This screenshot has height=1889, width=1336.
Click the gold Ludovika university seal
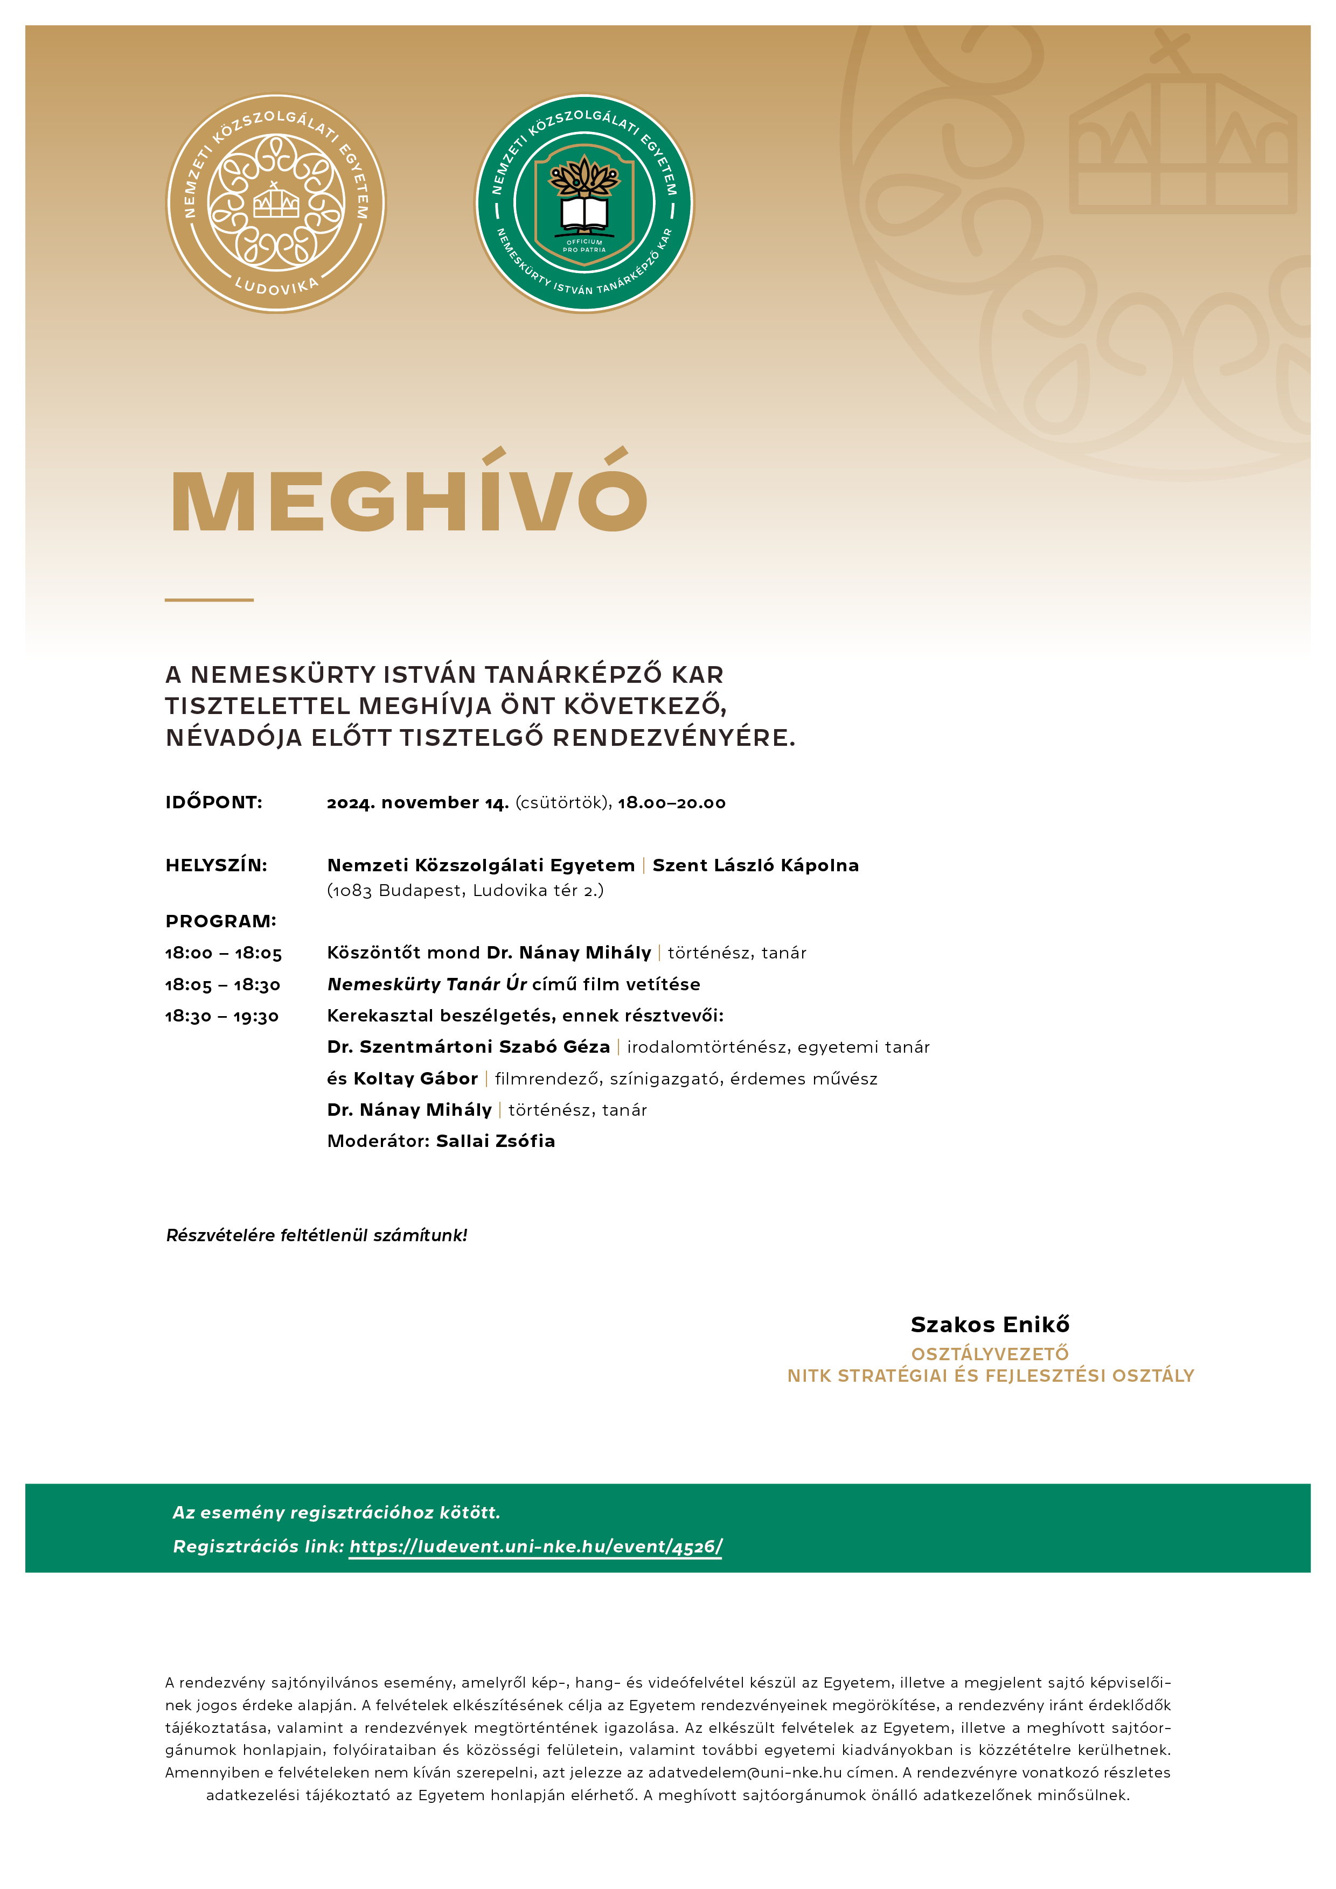click(276, 203)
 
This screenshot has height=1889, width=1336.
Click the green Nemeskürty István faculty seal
click(584, 203)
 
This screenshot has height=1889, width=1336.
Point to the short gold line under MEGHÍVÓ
click(209, 600)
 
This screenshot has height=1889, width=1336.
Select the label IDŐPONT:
click(214, 802)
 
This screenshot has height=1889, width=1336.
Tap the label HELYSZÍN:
click(217, 865)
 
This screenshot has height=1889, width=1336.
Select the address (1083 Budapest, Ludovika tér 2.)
click(465, 890)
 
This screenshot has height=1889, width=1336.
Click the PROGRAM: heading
click(221, 921)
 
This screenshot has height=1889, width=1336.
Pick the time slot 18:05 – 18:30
click(223, 985)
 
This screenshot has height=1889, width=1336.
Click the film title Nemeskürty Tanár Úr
click(427, 984)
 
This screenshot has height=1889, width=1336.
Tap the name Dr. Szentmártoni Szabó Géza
click(468, 1046)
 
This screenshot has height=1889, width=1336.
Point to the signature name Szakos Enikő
click(990, 1325)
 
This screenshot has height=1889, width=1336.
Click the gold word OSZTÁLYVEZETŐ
click(990, 1353)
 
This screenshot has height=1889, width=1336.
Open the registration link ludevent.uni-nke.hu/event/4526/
click(535, 1547)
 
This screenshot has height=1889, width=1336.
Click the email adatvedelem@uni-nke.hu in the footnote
click(744, 1772)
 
